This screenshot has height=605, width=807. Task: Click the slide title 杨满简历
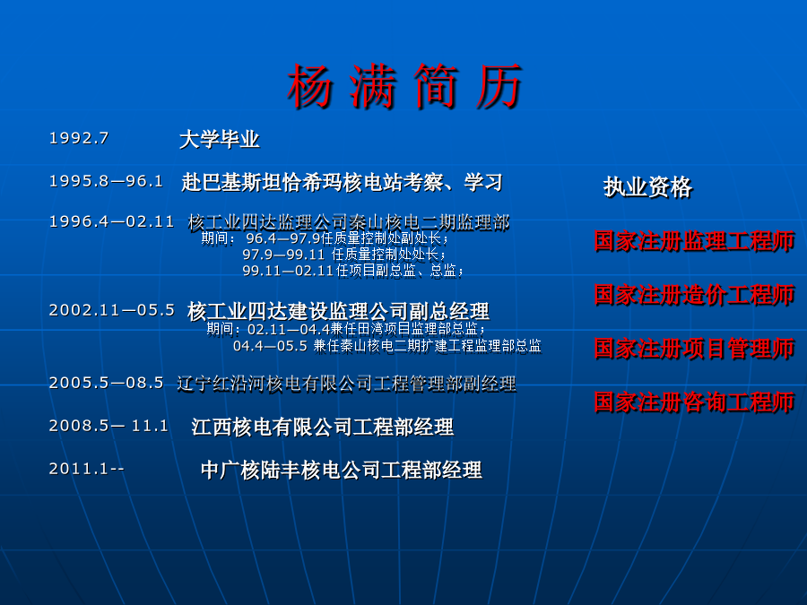[x=405, y=86]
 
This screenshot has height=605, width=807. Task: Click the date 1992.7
[x=79, y=138]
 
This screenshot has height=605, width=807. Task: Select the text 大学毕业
[x=220, y=140]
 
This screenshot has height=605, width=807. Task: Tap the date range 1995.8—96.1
[x=106, y=181]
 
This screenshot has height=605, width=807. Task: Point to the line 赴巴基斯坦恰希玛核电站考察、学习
[x=342, y=183]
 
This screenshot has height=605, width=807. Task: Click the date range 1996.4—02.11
[x=112, y=221]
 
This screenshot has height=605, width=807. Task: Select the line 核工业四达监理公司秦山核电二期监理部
[x=349, y=222]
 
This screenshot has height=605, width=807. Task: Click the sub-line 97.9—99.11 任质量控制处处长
[x=344, y=255]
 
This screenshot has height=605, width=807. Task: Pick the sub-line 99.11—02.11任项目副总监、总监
[x=353, y=271]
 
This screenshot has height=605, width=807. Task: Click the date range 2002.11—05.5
[x=112, y=310]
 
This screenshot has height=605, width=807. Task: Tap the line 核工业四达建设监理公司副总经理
[x=338, y=311]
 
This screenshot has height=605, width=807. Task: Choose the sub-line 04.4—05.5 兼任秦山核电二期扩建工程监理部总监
[x=387, y=346]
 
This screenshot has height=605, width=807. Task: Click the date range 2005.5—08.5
[x=106, y=383]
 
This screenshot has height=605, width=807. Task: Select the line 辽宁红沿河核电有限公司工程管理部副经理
[x=346, y=384]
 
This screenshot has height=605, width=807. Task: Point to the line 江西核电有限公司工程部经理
[x=323, y=427]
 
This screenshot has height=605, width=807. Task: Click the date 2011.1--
[x=86, y=469]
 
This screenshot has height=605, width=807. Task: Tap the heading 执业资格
[x=648, y=186]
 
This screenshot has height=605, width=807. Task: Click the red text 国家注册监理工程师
[x=695, y=241]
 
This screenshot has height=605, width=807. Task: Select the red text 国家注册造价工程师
[x=695, y=295]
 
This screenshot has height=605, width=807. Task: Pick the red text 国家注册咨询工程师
[x=695, y=402]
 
